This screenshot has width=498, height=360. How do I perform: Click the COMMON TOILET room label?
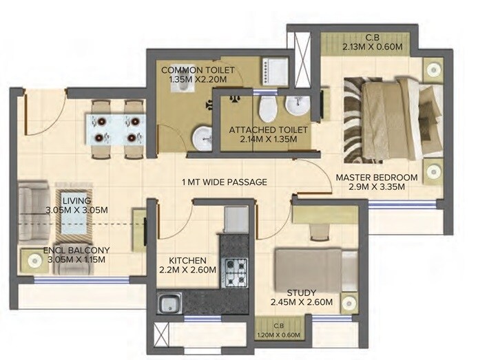tap(198, 70)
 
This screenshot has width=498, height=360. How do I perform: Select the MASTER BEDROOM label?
tap(376, 178)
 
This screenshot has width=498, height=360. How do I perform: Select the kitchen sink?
tap(168, 304)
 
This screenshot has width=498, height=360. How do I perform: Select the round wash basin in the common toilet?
tap(204, 137)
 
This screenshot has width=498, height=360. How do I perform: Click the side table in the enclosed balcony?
tap(33, 261)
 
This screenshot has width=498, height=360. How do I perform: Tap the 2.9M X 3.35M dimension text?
tap(376, 187)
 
